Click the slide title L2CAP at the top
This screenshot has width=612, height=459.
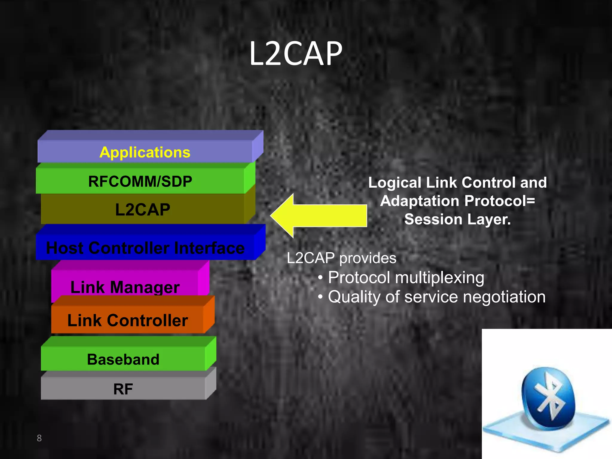(296, 54)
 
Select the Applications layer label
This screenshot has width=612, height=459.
(145, 152)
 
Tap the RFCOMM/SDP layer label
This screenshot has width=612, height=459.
(140, 181)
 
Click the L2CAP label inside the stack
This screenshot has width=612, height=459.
(143, 209)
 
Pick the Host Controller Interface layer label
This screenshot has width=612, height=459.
(145, 248)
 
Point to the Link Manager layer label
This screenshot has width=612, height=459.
(125, 287)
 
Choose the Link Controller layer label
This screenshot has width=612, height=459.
(128, 321)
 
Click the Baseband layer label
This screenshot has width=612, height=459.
(123, 359)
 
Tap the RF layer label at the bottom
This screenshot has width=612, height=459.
(123, 389)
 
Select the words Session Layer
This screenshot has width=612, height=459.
(458, 219)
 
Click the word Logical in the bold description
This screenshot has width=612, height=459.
(395, 183)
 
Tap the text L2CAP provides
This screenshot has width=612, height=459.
(342, 258)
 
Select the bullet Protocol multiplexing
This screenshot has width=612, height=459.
(406, 278)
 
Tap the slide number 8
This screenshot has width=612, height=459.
(39, 438)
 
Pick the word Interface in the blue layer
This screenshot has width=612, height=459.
(209, 248)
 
